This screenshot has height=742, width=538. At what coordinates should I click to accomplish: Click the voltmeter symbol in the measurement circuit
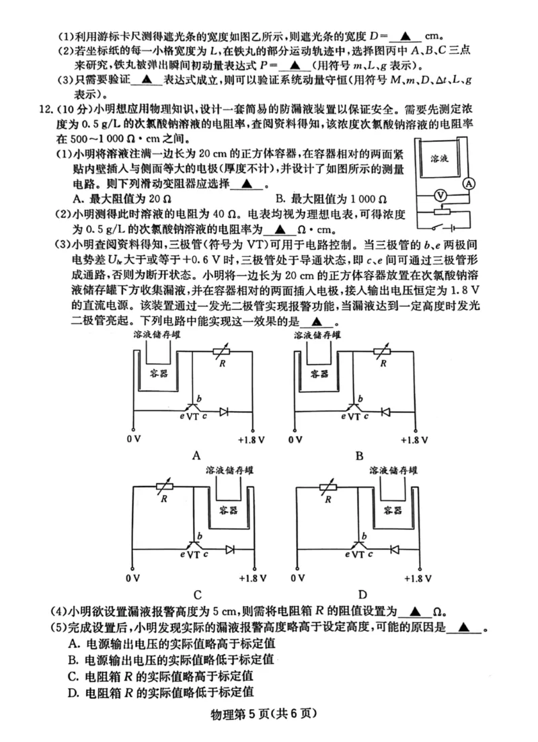point(440,194)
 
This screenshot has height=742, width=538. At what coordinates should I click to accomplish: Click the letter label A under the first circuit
point(197,455)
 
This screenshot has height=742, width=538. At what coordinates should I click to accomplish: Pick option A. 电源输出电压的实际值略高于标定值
point(171,644)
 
